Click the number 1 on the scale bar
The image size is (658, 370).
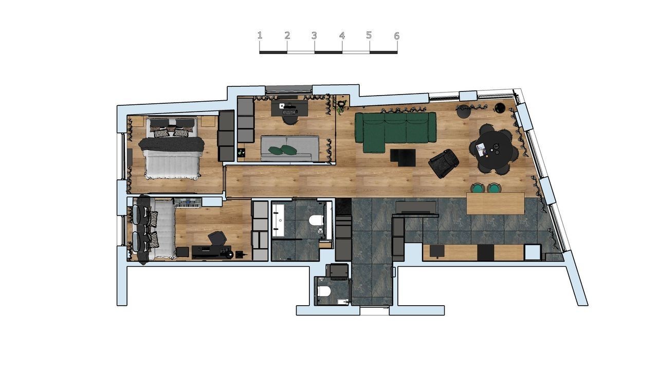coord(260,35)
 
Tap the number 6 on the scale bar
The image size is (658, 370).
coord(396,36)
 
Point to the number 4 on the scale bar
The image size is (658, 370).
coord(342,36)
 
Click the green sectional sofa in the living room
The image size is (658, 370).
coord(395,131)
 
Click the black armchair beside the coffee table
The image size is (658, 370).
coord(444,163)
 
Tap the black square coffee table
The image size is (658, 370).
coord(403,158)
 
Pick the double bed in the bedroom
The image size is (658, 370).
coord(172,149)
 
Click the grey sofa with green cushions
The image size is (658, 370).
coord(289,149)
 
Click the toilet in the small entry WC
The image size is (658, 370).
coord(324,291)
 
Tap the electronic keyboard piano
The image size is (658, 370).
coord(188,203)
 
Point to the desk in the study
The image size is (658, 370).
coord(289,108)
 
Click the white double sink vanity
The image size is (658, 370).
coord(278,220)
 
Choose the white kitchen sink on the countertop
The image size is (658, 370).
coord(533,252)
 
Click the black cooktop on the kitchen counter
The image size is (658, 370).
coord(486,252)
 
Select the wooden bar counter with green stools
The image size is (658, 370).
coord(496,203)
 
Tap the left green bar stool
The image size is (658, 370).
coord(478,188)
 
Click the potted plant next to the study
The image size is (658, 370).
coord(341,106)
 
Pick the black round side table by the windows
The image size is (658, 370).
coord(499,108)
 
